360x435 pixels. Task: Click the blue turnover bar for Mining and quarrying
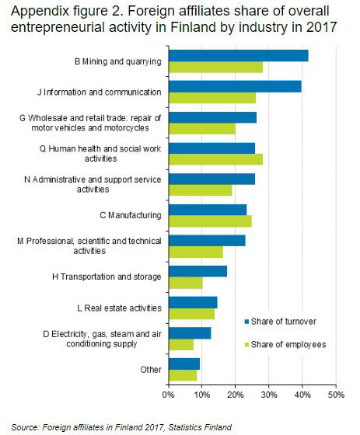click(x=238, y=55)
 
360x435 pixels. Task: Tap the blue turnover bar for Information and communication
click(x=235, y=86)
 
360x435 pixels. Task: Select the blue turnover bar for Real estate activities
click(x=193, y=301)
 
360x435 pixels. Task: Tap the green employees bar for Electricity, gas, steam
click(x=181, y=344)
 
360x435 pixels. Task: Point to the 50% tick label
click(x=336, y=395)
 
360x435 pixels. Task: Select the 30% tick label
click(x=269, y=395)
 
